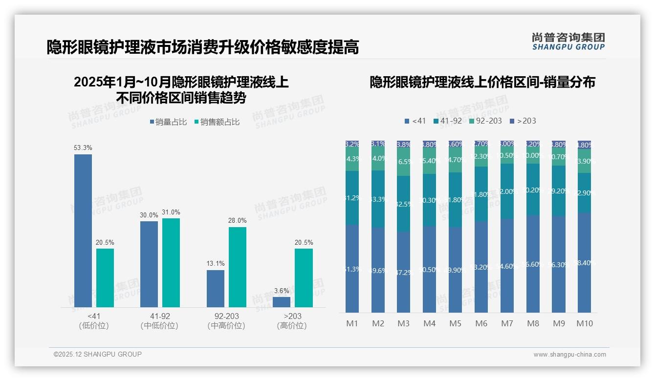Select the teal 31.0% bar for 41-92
point(171,263)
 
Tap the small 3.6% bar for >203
point(282,302)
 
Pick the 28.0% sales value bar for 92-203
point(238,267)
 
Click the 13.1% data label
point(216,264)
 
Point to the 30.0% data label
point(149,215)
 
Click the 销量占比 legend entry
point(168,122)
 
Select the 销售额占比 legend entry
point(217,122)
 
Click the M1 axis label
point(352,323)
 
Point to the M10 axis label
point(584,323)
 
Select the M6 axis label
point(481,323)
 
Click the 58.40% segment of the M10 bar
point(584,263)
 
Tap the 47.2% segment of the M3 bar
point(403,272)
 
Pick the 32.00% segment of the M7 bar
point(507,191)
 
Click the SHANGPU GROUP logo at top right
point(568,42)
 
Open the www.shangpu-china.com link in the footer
point(569,355)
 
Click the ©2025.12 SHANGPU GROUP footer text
point(98,354)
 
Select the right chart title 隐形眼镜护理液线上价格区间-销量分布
point(482,83)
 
